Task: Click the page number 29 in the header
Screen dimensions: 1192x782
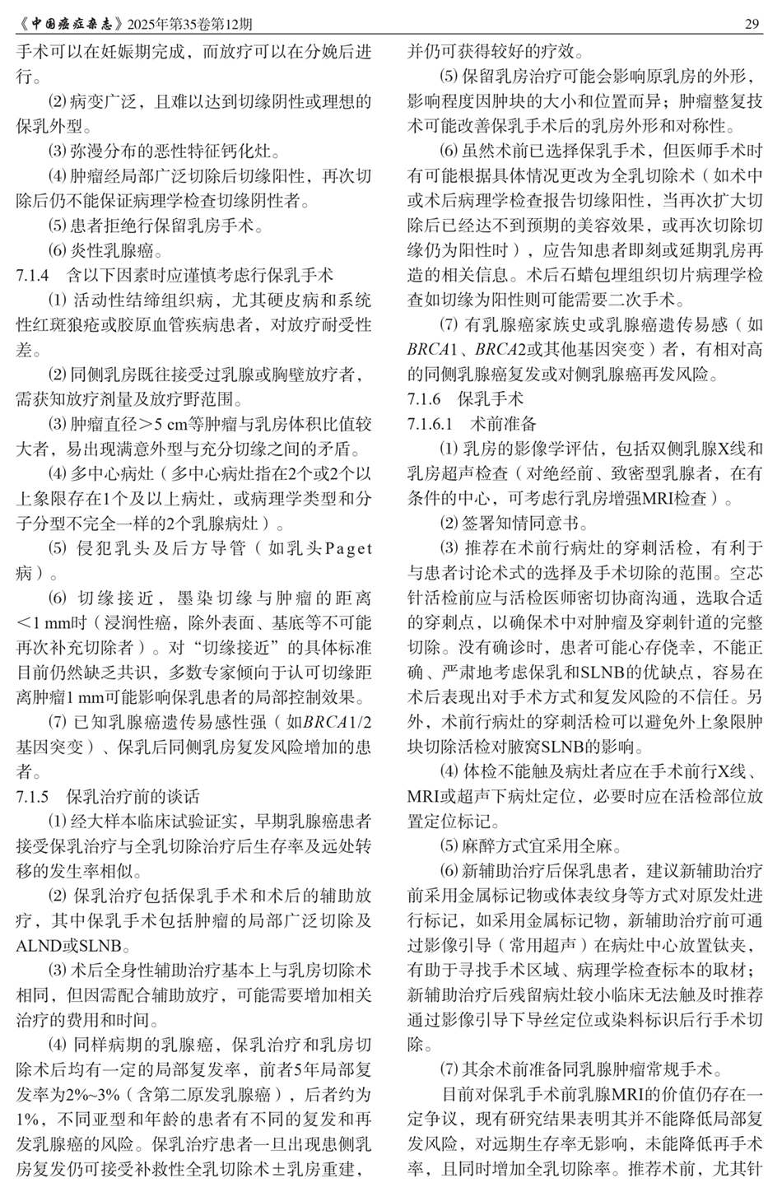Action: pyautogui.click(x=752, y=24)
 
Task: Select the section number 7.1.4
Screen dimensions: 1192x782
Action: pyautogui.click(x=33, y=274)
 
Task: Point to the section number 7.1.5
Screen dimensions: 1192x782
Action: pyautogui.click(x=33, y=796)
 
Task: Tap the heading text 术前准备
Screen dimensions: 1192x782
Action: pyautogui.click(x=504, y=424)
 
